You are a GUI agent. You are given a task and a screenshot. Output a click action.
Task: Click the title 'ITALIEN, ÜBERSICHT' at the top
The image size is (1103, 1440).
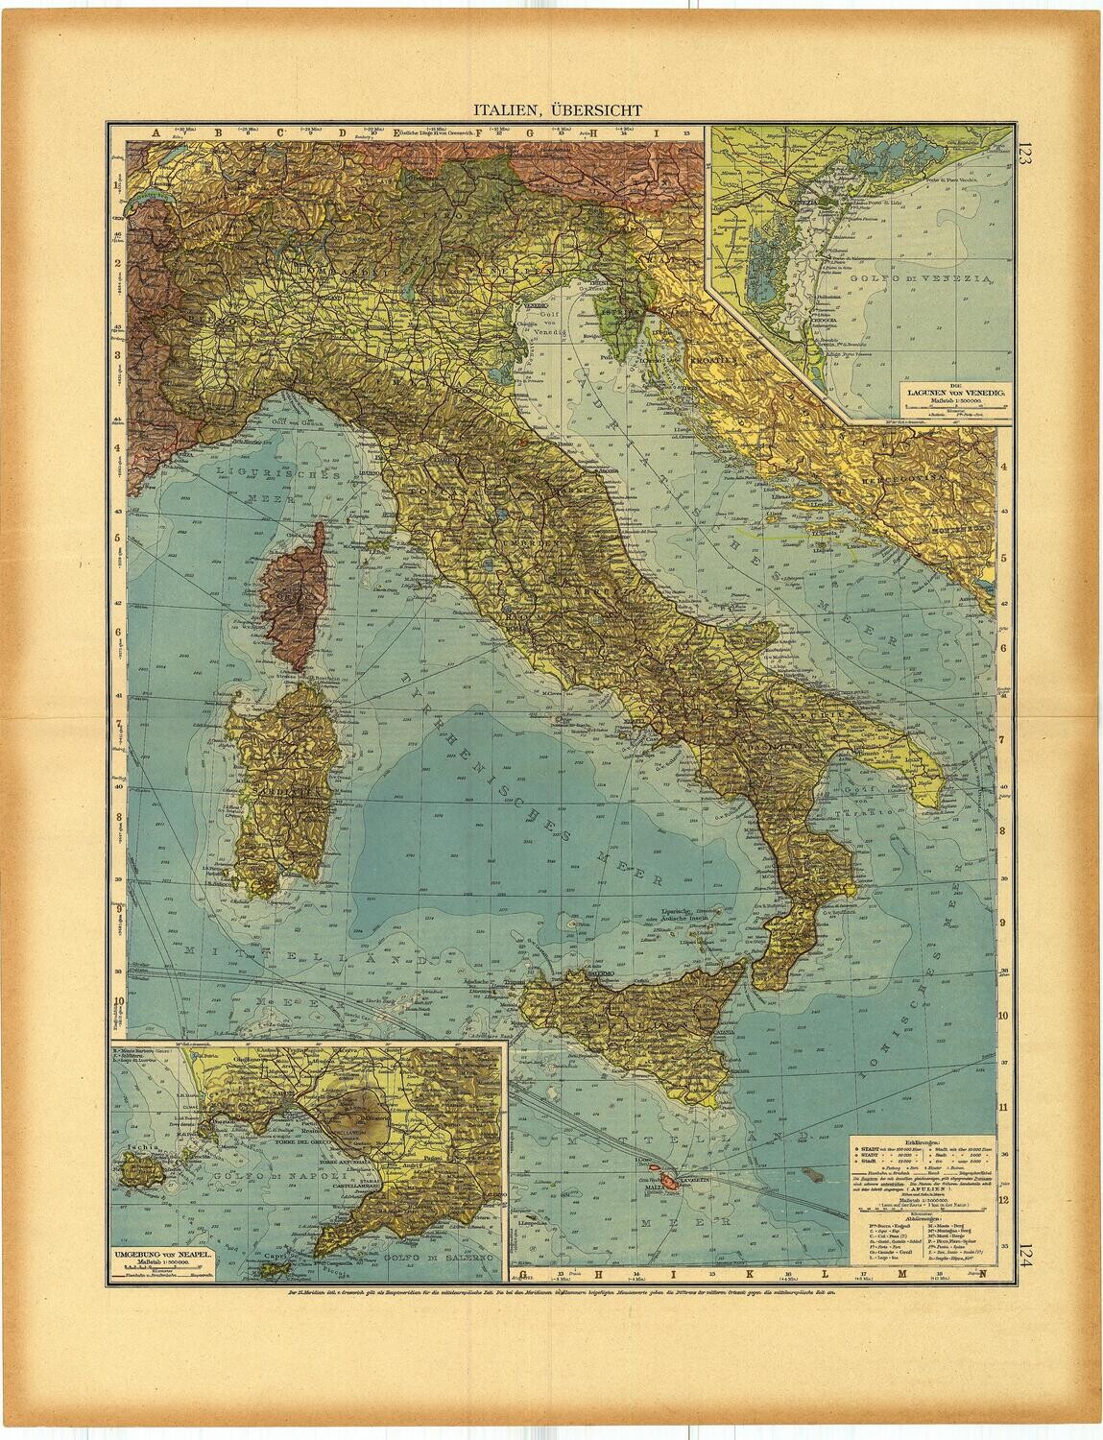[x=552, y=110]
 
